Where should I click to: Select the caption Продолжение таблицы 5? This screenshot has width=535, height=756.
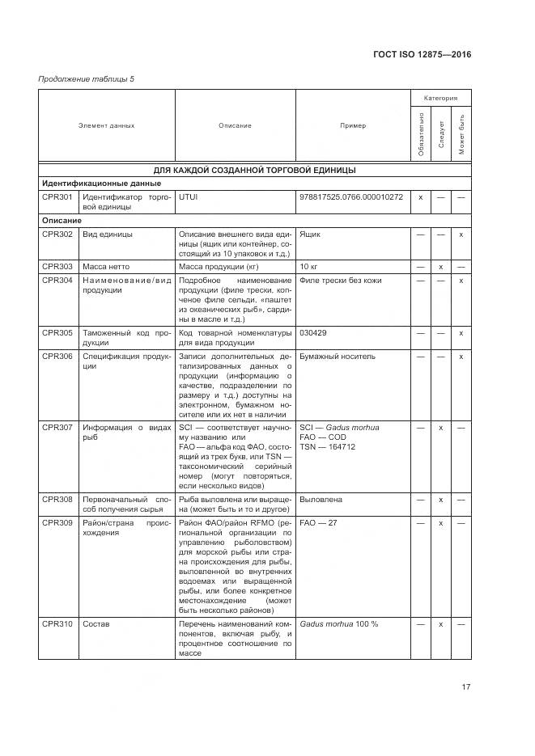pyautogui.click(x=87, y=78)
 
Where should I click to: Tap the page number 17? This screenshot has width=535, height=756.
pyautogui.click(x=466, y=687)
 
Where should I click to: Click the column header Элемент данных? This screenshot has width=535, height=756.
pyautogui.click(x=106, y=125)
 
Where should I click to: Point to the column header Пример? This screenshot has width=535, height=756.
pyautogui.click(x=353, y=125)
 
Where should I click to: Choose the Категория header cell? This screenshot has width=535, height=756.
pyautogui.click(x=440, y=98)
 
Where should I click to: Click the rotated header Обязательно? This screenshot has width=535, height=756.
pyautogui.click(x=421, y=134)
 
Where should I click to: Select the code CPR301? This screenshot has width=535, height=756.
pyautogui.click(x=57, y=196)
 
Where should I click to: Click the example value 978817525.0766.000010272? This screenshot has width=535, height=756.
pyautogui.click(x=350, y=196)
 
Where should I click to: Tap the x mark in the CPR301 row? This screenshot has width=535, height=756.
pyautogui.click(x=421, y=196)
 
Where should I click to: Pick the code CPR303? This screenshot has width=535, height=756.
pyautogui.click(x=57, y=266)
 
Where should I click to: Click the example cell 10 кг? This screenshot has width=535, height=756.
pyautogui.click(x=308, y=266)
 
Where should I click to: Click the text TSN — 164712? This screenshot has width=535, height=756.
pyautogui.click(x=327, y=447)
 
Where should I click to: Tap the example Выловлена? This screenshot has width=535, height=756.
pyautogui.click(x=321, y=500)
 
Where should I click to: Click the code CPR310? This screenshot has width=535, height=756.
pyautogui.click(x=57, y=624)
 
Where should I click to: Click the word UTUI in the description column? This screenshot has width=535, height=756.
pyautogui.click(x=187, y=196)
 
